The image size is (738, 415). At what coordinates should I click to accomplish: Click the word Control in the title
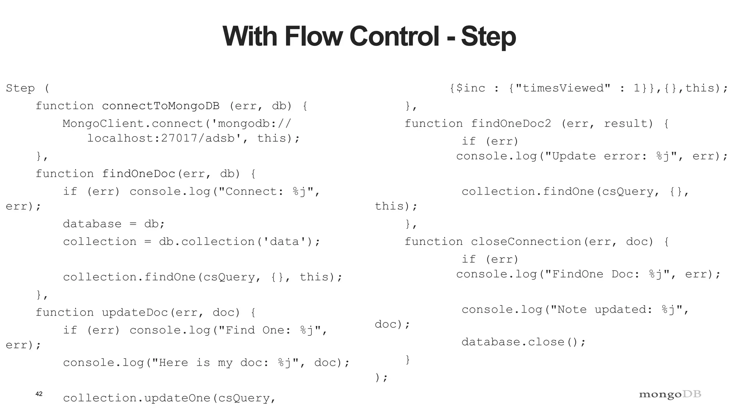click(395, 36)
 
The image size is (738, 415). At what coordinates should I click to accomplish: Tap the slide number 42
click(39, 394)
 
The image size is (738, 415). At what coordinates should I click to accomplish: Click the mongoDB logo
click(670, 394)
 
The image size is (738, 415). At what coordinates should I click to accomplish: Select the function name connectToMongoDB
click(161, 106)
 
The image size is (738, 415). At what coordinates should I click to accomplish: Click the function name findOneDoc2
click(511, 124)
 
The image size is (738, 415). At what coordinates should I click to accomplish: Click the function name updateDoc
click(135, 312)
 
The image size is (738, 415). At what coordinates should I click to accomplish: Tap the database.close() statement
click(524, 342)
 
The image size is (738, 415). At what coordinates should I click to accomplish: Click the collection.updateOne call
click(140, 398)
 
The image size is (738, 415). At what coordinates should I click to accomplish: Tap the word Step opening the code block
click(20, 88)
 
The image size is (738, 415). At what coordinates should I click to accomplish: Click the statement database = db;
click(114, 224)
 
